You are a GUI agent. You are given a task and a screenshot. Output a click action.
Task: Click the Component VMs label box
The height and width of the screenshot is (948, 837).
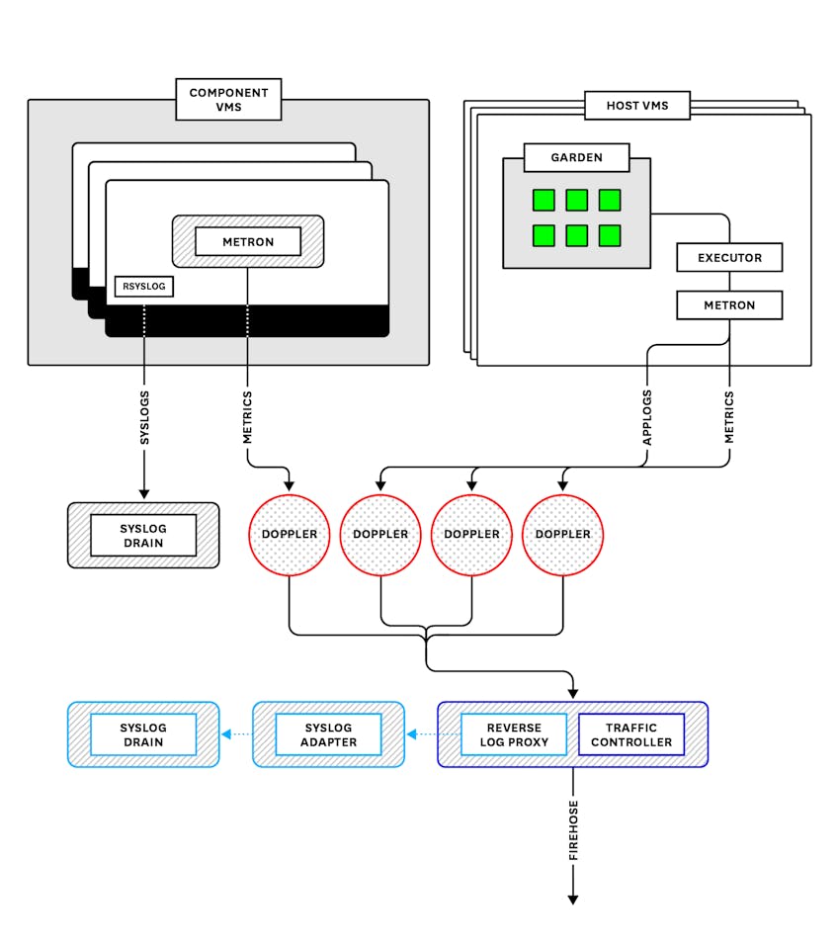click(228, 99)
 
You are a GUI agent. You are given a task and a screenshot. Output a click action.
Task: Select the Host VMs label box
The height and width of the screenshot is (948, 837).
click(637, 105)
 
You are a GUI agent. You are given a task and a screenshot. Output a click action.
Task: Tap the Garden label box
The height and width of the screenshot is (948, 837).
click(576, 157)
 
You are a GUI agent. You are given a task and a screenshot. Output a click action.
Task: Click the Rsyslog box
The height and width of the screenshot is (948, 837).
click(144, 286)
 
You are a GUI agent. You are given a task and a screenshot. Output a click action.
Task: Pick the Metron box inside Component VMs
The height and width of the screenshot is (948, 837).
click(248, 242)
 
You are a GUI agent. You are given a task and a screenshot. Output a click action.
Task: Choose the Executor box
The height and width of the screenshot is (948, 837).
click(729, 258)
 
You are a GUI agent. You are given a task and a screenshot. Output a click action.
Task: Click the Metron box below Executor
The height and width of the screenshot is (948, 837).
click(729, 305)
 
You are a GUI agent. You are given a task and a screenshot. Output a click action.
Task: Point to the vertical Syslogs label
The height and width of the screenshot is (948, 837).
click(144, 418)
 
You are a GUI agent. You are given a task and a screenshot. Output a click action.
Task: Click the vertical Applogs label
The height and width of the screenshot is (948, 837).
click(647, 418)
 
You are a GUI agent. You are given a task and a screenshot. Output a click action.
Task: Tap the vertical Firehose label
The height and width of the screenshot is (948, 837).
click(573, 830)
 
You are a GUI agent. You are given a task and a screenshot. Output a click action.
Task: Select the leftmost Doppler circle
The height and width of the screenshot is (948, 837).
click(290, 535)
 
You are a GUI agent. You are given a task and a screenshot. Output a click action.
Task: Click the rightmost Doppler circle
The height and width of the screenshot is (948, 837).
click(562, 535)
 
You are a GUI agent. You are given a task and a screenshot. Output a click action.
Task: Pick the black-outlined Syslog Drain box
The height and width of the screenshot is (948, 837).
click(143, 535)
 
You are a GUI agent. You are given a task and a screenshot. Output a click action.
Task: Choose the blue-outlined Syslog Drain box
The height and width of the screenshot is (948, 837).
click(143, 734)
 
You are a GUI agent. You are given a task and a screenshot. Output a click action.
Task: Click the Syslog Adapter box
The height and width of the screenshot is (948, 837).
click(328, 734)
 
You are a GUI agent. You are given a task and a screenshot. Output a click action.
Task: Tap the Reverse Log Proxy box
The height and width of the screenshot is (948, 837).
click(514, 734)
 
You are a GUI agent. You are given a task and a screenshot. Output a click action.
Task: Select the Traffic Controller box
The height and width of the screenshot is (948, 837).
click(631, 734)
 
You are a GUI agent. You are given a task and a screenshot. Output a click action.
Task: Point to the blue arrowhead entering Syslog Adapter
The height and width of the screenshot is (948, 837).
click(411, 734)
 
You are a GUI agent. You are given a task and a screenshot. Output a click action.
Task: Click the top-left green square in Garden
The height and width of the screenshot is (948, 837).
click(544, 200)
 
